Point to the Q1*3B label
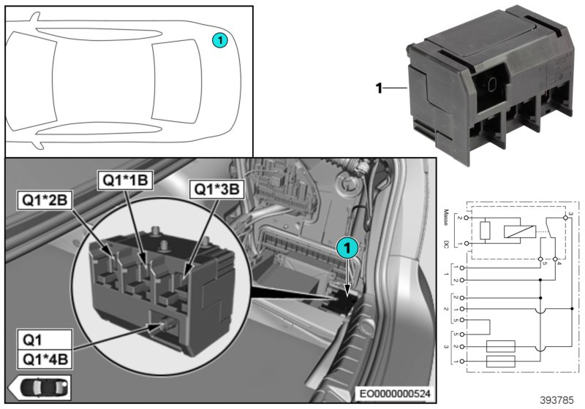click(x=216, y=189)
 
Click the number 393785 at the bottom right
click(x=559, y=401)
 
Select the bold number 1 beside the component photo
click(x=380, y=88)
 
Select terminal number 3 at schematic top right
click(x=567, y=212)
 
